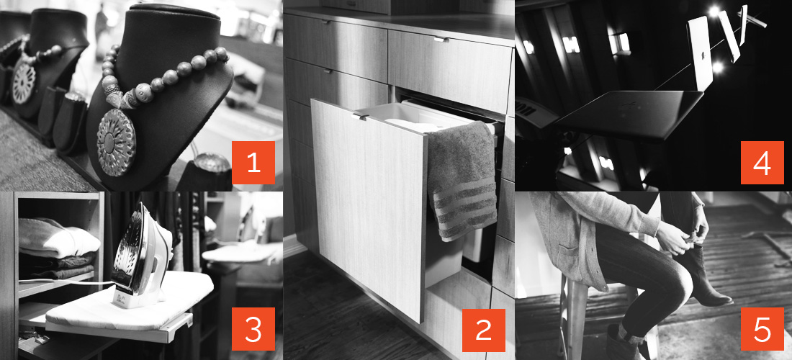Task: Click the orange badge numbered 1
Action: pos(253,163)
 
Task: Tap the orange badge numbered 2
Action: pos(483,330)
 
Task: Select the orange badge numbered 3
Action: pos(253,329)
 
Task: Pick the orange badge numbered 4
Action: pos(762,163)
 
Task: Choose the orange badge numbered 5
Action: pos(762,329)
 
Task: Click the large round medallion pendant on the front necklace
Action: pos(116,143)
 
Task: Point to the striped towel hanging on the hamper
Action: pos(461,181)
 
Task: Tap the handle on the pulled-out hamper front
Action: pos(360,117)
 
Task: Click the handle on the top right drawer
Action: pos(441,39)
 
